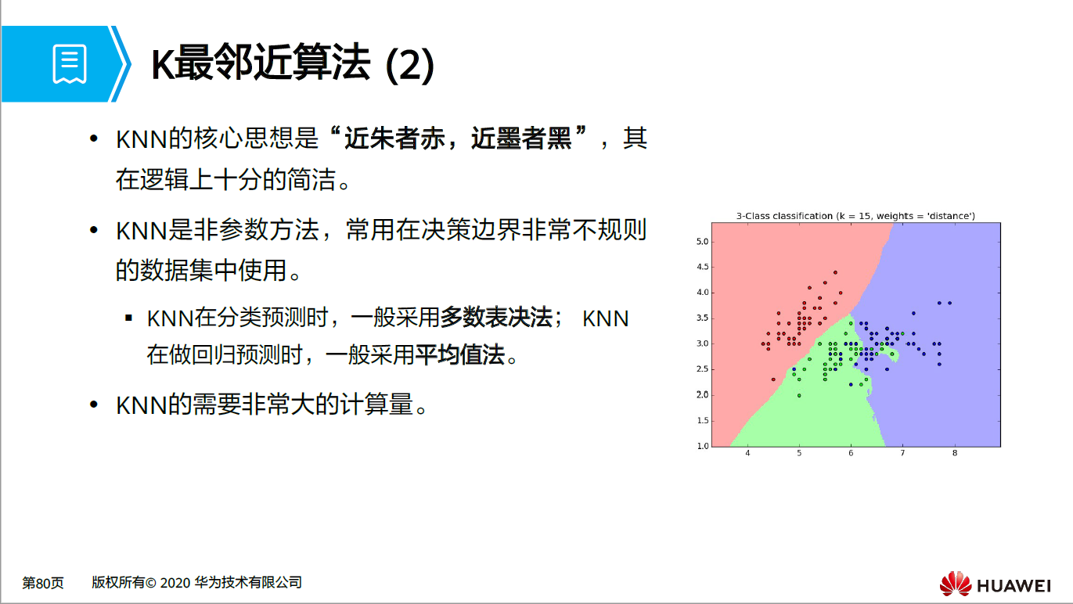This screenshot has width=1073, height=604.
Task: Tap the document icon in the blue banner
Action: [70, 64]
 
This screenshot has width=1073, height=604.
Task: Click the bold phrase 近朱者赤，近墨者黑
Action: [458, 140]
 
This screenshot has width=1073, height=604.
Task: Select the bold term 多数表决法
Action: [496, 318]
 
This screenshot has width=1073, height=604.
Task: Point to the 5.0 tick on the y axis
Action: [702, 242]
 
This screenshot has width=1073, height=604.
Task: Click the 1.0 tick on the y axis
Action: [702, 446]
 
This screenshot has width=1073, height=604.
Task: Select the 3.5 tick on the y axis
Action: [702, 318]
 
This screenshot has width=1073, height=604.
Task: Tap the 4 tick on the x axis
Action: [748, 454]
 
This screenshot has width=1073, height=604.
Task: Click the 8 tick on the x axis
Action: [954, 454]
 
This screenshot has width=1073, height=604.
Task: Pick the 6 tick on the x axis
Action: [851, 454]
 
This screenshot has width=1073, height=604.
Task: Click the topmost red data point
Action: [835, 272]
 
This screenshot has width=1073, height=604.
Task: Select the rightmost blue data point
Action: [949, 303]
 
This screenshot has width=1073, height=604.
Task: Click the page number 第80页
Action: [43, 583]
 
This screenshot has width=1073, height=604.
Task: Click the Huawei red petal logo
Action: [955, 584]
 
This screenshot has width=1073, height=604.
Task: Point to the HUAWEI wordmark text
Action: [1014, 585]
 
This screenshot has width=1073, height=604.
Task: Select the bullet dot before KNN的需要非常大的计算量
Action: [94, 404]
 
